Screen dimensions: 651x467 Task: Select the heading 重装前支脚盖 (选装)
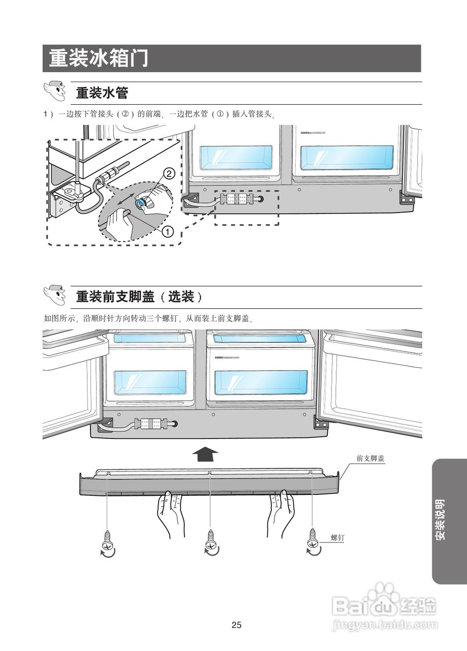click(139, 297)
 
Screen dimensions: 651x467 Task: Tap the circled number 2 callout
click(170, 173)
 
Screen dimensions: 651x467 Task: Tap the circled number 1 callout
click(168, 231)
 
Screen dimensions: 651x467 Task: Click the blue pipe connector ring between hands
click(141, 204)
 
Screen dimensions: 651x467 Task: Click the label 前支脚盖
click(370, 458)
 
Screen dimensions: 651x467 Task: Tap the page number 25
click(236, 625)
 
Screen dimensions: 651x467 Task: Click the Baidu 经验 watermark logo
click(384, 608)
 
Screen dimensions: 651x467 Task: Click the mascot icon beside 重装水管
click(55, 92)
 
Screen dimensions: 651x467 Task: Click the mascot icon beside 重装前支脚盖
click(55, 295)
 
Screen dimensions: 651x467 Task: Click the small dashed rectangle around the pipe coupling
click(247, 208)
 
